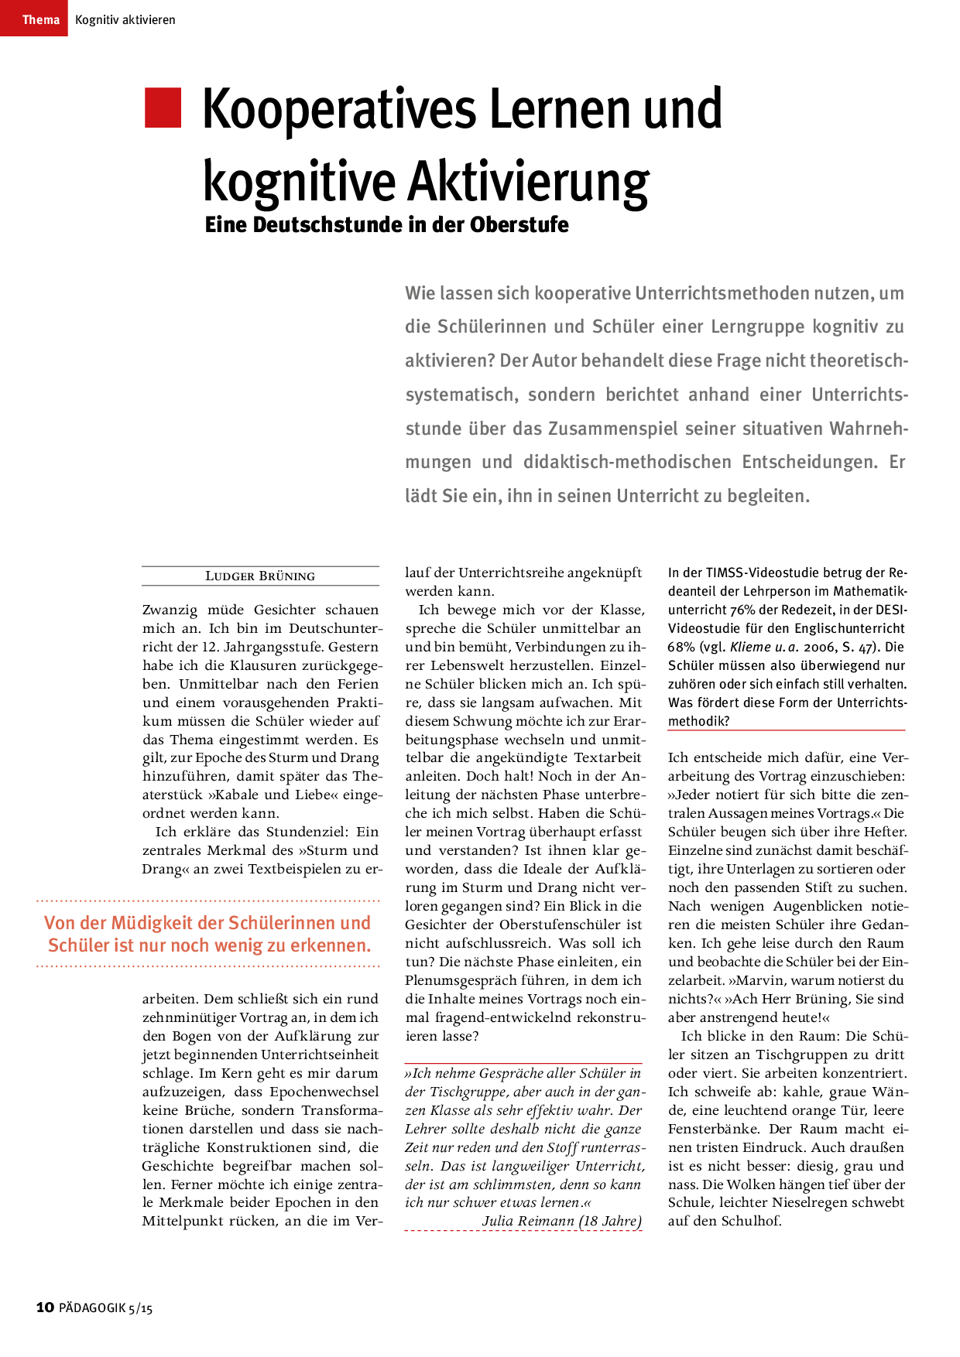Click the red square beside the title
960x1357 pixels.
pyautogui.click(x=163, y=108)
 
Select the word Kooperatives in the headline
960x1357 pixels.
pyautogui.click(x=338, y=110)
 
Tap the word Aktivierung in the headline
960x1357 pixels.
pyautogui.click(x=529, y=183)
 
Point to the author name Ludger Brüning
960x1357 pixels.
pyautogui.click(x=260, y=576)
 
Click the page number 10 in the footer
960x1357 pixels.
pyautogui.click(x=45, y=1307)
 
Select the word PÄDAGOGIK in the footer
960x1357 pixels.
pyautogui.click(x=92, y=1307)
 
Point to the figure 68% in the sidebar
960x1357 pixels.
pyautogui.click(x=681, y=648)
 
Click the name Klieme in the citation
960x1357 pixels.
pyautogui.click(x=750, y=648)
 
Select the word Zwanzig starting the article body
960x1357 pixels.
pyautogui.click(x=170, y=610)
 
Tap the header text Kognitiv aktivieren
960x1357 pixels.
pyautogui.click(x=125, y=20)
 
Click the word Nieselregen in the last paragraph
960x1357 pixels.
pyautogui.click(x=817, y=1202)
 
